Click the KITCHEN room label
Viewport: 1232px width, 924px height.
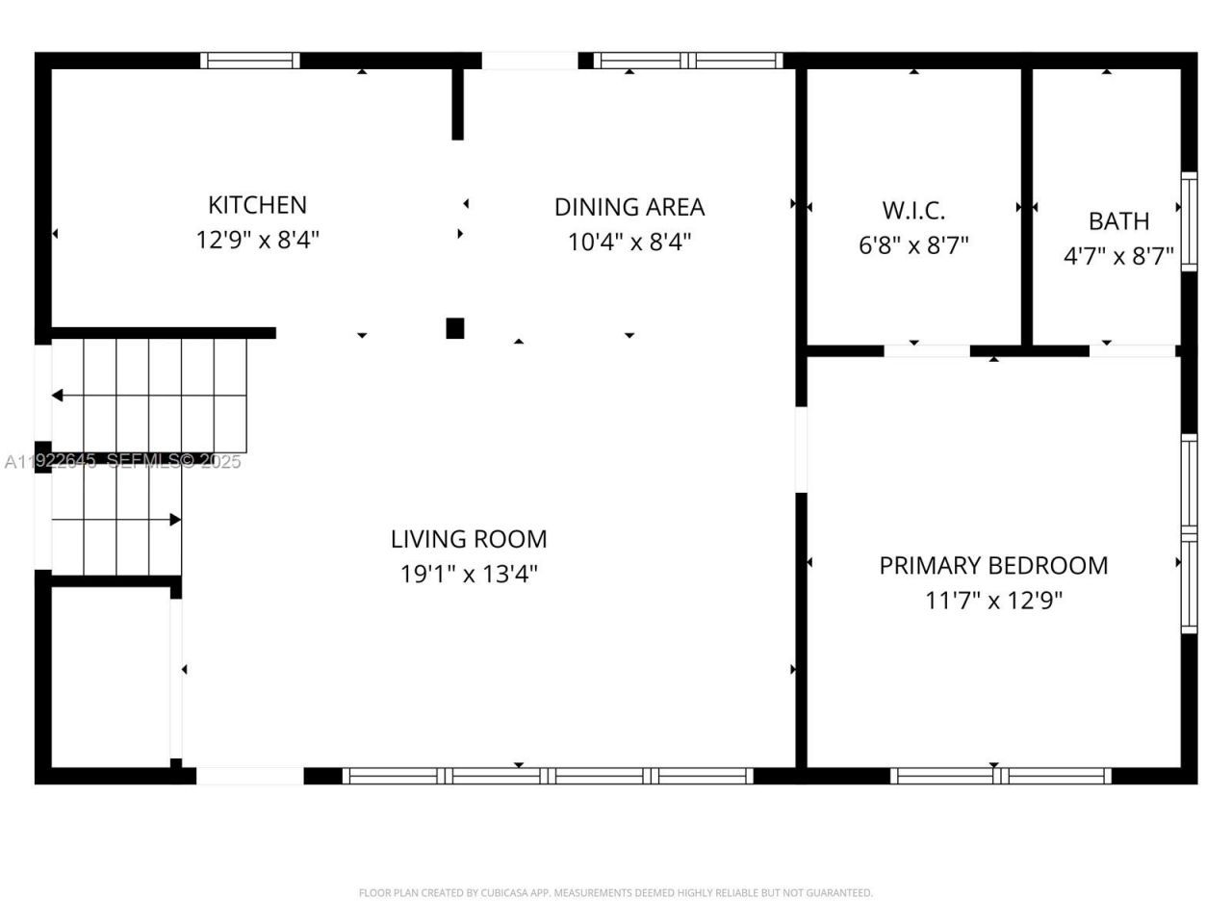click(257, 205)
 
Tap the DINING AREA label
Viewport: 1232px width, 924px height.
click(629, 207)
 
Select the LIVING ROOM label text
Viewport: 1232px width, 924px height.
click(469, 539)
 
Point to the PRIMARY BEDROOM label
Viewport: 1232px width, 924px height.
click(993, 565)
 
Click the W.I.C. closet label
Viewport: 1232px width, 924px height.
click(913, 210)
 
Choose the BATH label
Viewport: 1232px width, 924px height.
click(1118, 221)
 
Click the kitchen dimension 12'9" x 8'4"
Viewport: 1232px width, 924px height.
click(257, 240)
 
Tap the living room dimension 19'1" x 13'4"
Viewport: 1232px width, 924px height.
click(469, 575)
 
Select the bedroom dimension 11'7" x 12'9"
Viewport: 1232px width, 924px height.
click(993, 601)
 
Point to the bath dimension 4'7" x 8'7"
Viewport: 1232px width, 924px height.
click(1118, 256)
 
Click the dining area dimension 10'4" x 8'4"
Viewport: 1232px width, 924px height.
click(629, 242)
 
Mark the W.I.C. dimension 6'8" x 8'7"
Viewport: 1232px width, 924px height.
click(913, 245)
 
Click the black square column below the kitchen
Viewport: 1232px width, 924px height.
click(455, 328)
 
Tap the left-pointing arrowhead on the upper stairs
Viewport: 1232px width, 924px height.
click(58, 396)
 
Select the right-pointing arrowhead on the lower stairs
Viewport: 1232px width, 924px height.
click(175, 520)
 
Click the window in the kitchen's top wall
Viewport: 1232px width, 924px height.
click(250, 61)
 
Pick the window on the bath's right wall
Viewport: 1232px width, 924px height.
click(1189, 221)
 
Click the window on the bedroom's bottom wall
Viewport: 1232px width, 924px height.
click(1001, 776)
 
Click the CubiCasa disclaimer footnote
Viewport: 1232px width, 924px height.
click(616, 893)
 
